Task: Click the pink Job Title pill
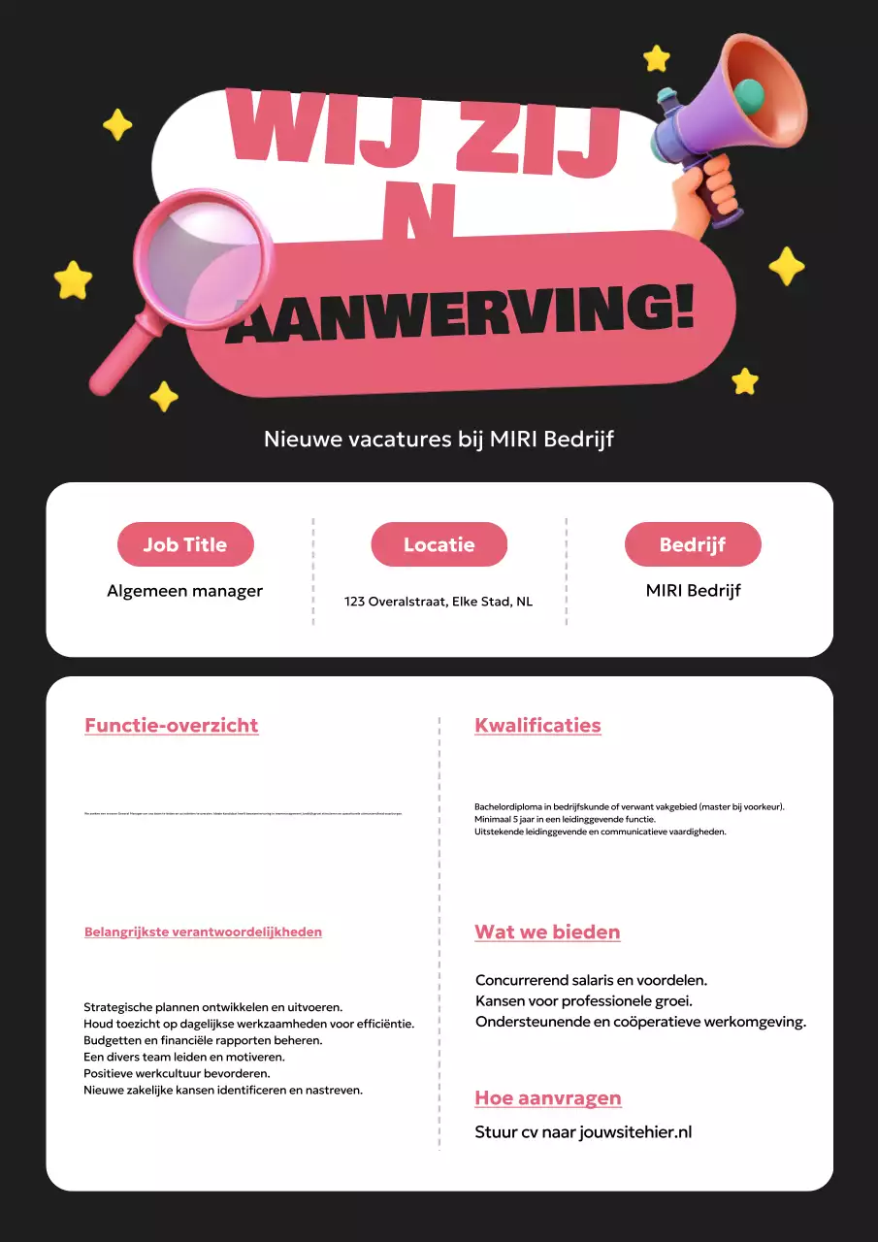185,544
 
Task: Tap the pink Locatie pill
439,544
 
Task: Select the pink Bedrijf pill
693,544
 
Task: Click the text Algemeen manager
184,591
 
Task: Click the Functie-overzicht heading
172,725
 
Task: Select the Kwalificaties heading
537,725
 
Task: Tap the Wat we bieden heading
547,931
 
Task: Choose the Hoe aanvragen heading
548,1098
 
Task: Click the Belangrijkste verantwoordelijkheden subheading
203,931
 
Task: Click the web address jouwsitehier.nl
635,1131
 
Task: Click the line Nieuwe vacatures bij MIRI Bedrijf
439,440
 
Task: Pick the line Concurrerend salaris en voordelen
591,980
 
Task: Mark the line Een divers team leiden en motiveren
184,1057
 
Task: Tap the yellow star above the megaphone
657,58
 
